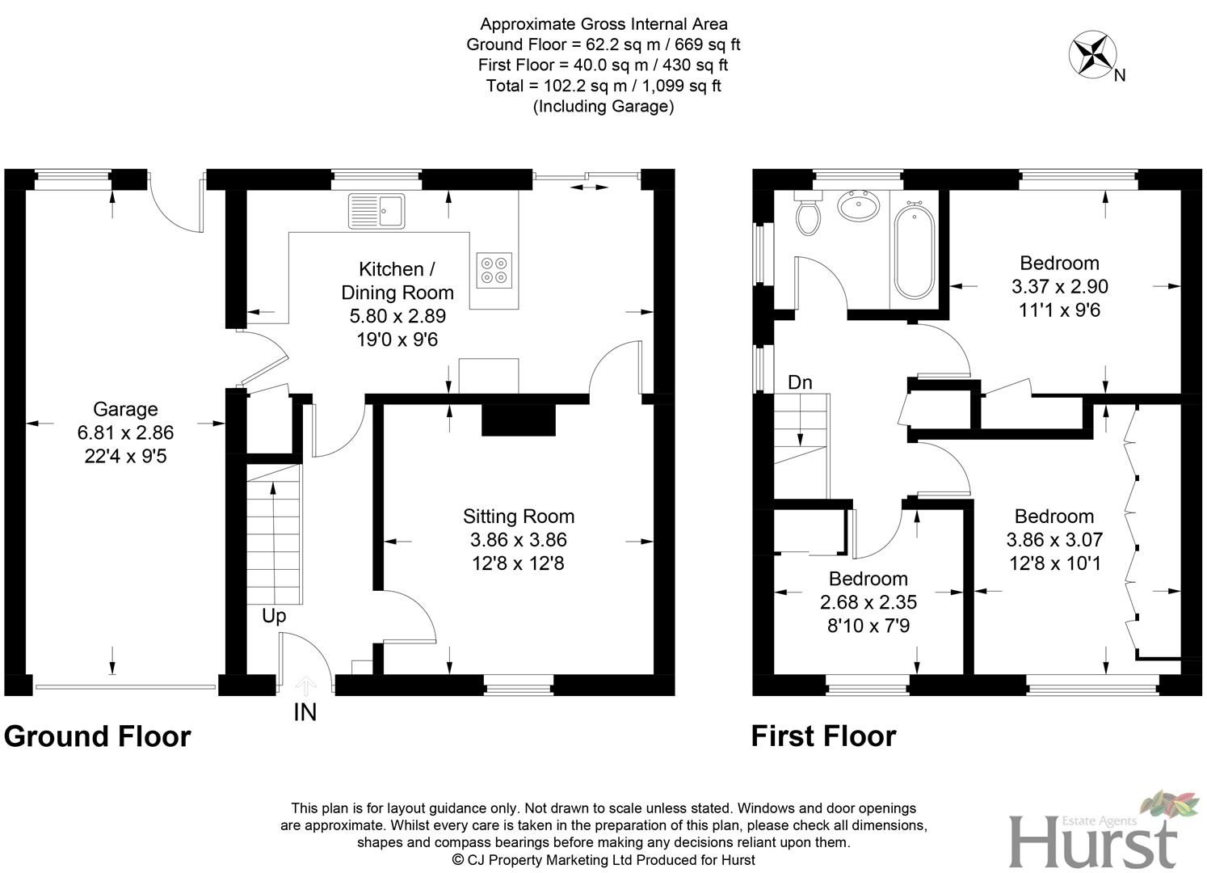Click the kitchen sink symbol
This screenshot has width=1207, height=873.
(377, 211)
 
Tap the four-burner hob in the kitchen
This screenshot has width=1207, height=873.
(494, 269)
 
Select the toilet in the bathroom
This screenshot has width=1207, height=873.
(808, 213)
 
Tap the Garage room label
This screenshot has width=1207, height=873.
(125, 409)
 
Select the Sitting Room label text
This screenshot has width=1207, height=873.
(518, 517)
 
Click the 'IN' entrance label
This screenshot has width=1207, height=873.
(305, 712)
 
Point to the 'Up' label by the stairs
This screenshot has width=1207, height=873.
(274, 616)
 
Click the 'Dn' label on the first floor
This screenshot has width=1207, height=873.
(799, 382)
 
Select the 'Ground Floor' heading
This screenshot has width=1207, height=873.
(98, 736)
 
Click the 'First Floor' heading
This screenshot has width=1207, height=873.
(823, 736)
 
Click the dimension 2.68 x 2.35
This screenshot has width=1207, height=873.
(868, 602)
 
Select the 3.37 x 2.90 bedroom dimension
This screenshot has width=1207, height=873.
(1059, 286)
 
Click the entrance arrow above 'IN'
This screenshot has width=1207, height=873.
(305, 686)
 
